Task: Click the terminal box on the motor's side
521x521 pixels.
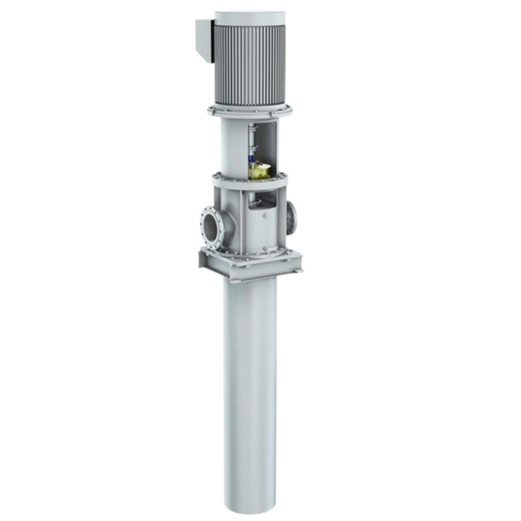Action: (x=204, y=40)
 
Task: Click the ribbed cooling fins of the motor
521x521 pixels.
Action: (x=250, y=65)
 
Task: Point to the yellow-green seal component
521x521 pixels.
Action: (x=259, y=171)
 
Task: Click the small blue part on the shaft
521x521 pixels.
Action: (x=251, y=158)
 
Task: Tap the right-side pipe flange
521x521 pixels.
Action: (x=290, y=215)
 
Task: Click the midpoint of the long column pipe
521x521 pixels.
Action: (x=249, y=391)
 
